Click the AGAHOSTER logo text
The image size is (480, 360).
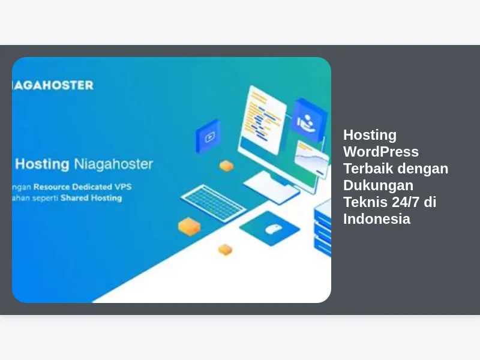[x=53, y=85]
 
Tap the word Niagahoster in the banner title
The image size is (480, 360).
[x=113, y=164]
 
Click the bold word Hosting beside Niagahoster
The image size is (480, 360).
[x=42, y=164]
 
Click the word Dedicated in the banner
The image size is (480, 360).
[x=92, y=187]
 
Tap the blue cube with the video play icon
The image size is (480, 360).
[x=208, y=136]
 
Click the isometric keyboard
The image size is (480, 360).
[x=214, y=203]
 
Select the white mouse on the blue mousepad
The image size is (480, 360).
[x=273, y=229]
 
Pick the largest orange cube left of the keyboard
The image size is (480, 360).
[x=189, y=227]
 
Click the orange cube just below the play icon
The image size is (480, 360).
[x=227, y=166]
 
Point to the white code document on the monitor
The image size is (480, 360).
[x=263, y=119]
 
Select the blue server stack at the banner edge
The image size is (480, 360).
[x=323, y=229]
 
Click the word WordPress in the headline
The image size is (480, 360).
[x=381, y=152]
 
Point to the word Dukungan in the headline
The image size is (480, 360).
[x=379, y=185]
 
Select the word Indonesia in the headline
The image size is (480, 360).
[x=377, y=219]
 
